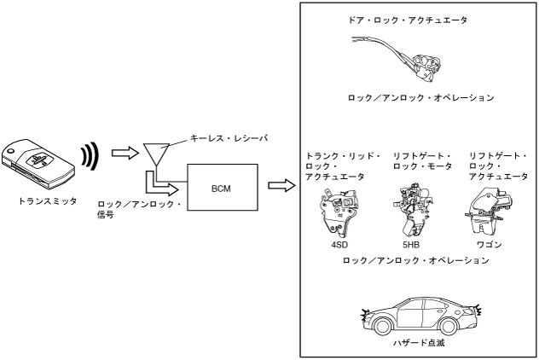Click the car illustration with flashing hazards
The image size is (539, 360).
[x=421, y=315]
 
